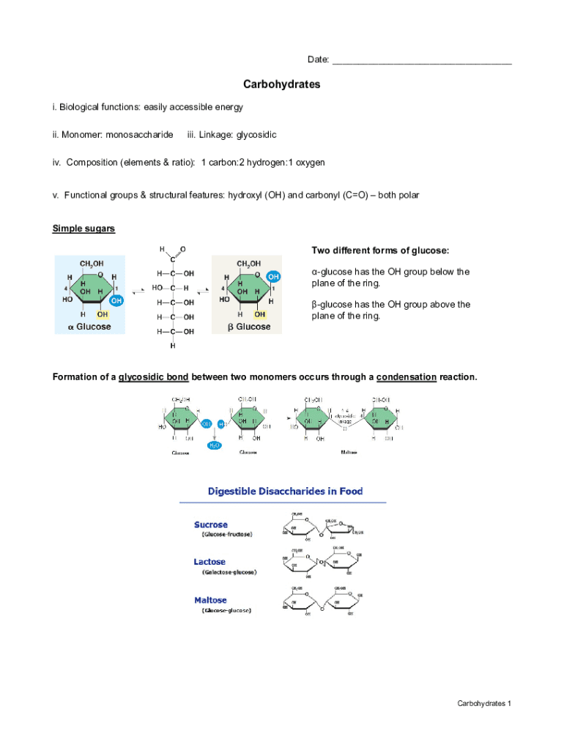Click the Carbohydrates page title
point(282,84)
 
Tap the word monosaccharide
point(139,135)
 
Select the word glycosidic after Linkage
point(256,135)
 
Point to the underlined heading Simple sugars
point(84,229)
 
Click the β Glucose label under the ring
point(248,327)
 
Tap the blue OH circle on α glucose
point(115,300)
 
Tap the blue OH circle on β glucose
point(273,277)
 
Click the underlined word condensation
point(407,376)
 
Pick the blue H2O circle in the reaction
point(215,445)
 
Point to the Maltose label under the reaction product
point(349,453)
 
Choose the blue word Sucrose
point(211,524)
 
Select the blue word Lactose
point(209,562)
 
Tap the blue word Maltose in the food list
point(210,600)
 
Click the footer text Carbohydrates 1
point(483,704)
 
